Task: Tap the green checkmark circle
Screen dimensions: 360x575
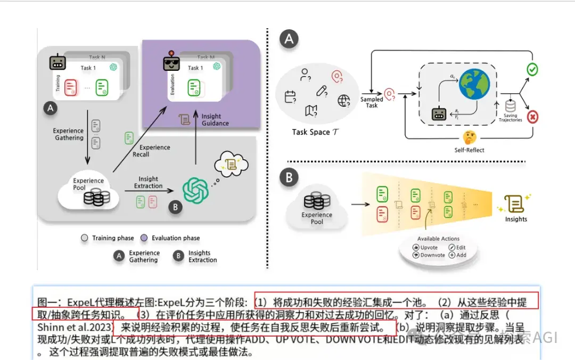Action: (x=531, y=69)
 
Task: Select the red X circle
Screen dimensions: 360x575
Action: (x=531, y=117)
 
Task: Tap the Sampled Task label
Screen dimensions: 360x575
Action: (x=372, y=102)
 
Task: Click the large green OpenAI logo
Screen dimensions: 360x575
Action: (x=195, y=189)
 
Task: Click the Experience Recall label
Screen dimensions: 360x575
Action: (x=154, y=151)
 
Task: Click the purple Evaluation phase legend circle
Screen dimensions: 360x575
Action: (x=144, y=238)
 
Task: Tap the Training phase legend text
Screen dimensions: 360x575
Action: (x=113, y=238)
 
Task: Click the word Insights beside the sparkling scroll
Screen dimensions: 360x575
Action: (x=516, y=219)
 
